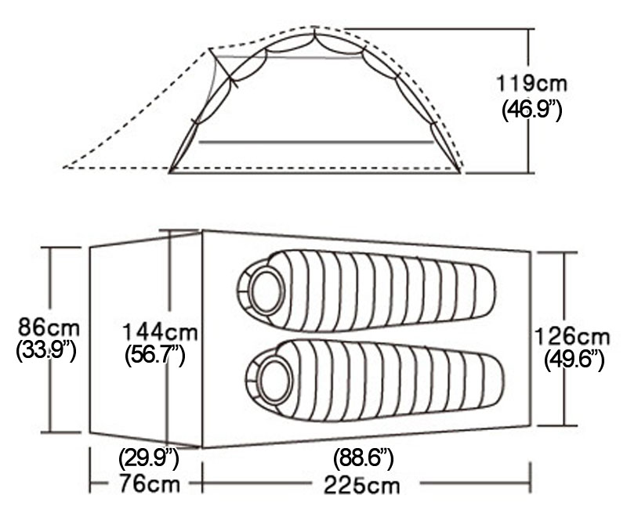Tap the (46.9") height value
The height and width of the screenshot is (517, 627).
click(x=531, y=109)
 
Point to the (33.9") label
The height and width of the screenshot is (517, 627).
click(x=46, y=351)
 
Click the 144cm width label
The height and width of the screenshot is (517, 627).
click(x=160, y=332)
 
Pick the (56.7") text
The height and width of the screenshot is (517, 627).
click(x=155, y=356)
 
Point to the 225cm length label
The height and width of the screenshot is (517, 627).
click(x=362, y=484)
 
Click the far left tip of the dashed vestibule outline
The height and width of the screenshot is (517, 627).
click(x=64, y=167)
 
